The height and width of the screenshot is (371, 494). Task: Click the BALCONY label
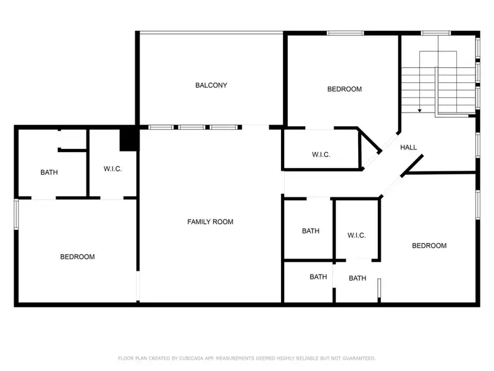click(x=211, y=85)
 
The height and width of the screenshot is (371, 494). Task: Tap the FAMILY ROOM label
click(x=210, y=221)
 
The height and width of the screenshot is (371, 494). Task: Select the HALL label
click(x=408, y=148)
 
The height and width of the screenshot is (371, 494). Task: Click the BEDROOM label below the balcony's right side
click(x=344, y=89)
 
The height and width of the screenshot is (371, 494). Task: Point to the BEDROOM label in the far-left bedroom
click(x=77, y=257)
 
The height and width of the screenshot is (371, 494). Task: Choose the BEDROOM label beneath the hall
click(x=429, y=245)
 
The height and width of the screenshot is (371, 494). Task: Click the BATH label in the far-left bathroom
click(x=49, y=173)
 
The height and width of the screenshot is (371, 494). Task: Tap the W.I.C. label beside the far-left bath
click(x=112, y=168)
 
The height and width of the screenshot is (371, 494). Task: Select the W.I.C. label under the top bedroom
click(x=321, y=155)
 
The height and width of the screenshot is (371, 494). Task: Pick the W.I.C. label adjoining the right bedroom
click(x=357, y=235)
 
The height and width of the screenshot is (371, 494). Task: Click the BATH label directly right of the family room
click(x=311, y=231)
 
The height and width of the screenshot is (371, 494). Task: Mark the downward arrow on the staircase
click(x=420, y=109)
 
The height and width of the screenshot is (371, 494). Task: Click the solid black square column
click(x=128, y=139)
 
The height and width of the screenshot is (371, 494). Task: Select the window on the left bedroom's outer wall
click(x=17, y=215)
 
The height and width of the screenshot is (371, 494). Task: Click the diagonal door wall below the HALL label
click(x=411, y=166)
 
